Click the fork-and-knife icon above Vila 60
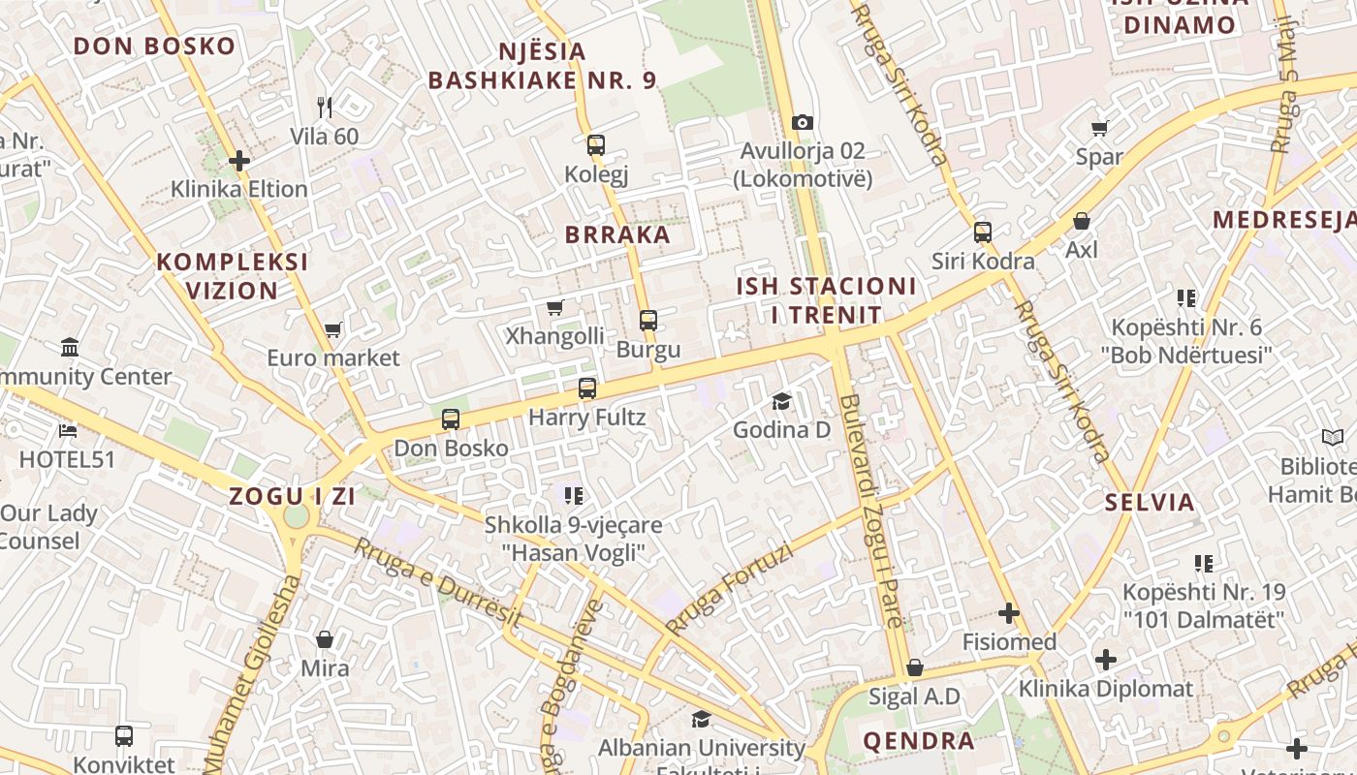pos(325,107)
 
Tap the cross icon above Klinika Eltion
pos(239,160)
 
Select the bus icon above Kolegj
pos(596,145)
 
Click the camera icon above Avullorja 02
pos(802,122)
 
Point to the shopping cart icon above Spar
pos(1099,128)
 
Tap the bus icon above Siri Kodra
pos(983,232)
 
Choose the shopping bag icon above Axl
pos(1082,221)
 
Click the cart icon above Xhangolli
pos(555,307)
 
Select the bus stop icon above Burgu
pos(648,320)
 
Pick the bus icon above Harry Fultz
pos(587,388)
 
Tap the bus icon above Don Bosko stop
pos(451,419)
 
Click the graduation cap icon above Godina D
pos(781,401)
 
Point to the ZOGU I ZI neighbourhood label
pos(292,497)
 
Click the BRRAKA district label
pos(617,234)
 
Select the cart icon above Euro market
pos(333,329)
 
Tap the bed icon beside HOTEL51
pos(67,430)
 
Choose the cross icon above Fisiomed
pos(1009,612)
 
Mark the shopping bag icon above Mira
pos(325,639)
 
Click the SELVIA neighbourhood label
pos(1151,503)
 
